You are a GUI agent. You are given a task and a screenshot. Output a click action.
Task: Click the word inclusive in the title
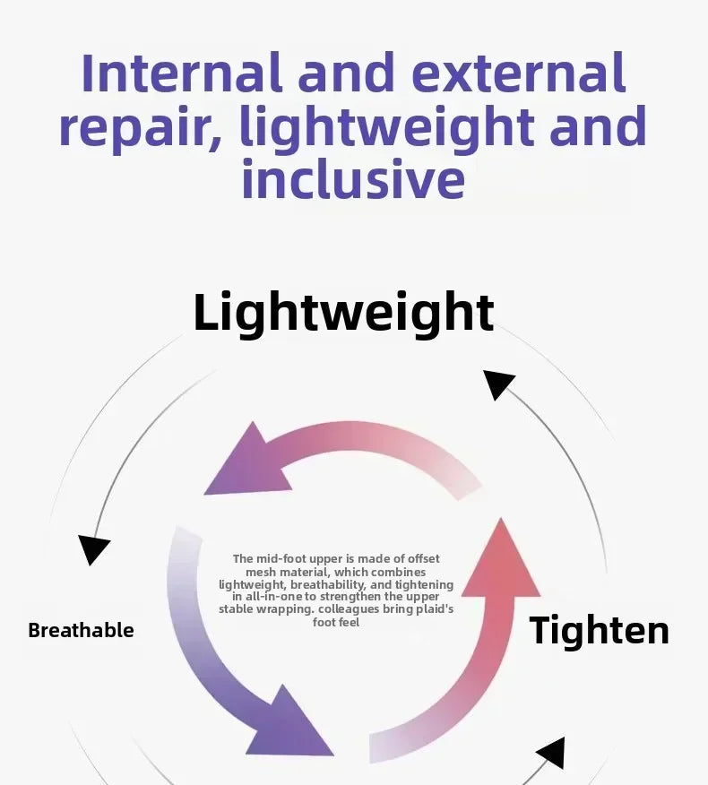click(x=353, y=179)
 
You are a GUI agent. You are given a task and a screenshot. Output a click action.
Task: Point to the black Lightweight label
click(x=343, y=312)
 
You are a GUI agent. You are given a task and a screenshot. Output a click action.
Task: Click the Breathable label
click(x=81, y=630)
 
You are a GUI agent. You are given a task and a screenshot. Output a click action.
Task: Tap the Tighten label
click(x=599, y=630)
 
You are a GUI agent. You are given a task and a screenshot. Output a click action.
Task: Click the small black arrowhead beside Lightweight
click(x=497, y=384)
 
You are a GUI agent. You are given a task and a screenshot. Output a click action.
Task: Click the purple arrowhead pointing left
click(x=246, y=462)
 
